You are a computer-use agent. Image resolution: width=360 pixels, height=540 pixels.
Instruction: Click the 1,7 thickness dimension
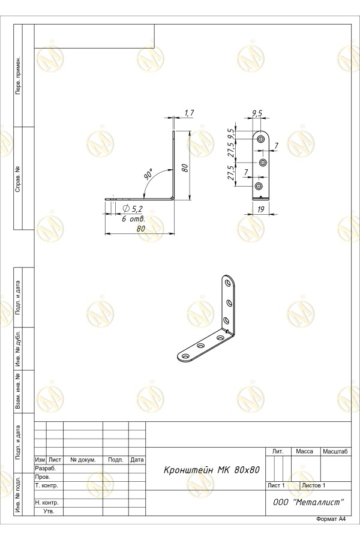[189, 113]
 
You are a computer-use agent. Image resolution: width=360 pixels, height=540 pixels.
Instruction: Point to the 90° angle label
[148, 175]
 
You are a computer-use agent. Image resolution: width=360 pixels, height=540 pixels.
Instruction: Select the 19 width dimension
[261, 209]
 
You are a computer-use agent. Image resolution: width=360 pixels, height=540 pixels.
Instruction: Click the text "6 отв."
[133, 218]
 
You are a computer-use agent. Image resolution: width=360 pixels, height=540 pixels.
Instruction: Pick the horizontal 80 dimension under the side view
[141, 229]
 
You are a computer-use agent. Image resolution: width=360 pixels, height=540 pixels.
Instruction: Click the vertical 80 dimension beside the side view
[184, 167]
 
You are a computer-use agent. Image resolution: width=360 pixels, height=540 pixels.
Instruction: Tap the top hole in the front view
[262, 139]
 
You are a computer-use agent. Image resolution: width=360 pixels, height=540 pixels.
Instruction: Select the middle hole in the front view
[263, 162]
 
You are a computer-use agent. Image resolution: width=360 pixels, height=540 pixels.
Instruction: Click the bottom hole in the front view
[259, 187]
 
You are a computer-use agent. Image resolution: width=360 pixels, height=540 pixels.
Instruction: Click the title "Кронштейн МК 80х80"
[212, 470]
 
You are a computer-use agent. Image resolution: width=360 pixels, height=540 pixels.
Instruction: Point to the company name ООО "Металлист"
[308, 502]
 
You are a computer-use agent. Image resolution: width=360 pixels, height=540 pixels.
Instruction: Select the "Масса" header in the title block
[305, 451]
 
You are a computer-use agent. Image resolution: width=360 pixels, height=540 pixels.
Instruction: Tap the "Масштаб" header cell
[335, 451]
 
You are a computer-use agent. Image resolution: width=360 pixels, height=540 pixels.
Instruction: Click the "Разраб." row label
[45, 469]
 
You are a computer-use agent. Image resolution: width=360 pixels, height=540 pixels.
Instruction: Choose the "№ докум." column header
[83, 460]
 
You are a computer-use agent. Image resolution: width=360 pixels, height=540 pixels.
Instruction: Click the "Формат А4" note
[331, 519]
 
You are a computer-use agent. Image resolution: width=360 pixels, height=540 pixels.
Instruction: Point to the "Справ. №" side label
[18, 179]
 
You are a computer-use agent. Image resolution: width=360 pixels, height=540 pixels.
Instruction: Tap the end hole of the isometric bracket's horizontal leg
[185, 356]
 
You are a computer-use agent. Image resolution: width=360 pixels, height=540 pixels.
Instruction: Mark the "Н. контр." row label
[47, 502]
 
